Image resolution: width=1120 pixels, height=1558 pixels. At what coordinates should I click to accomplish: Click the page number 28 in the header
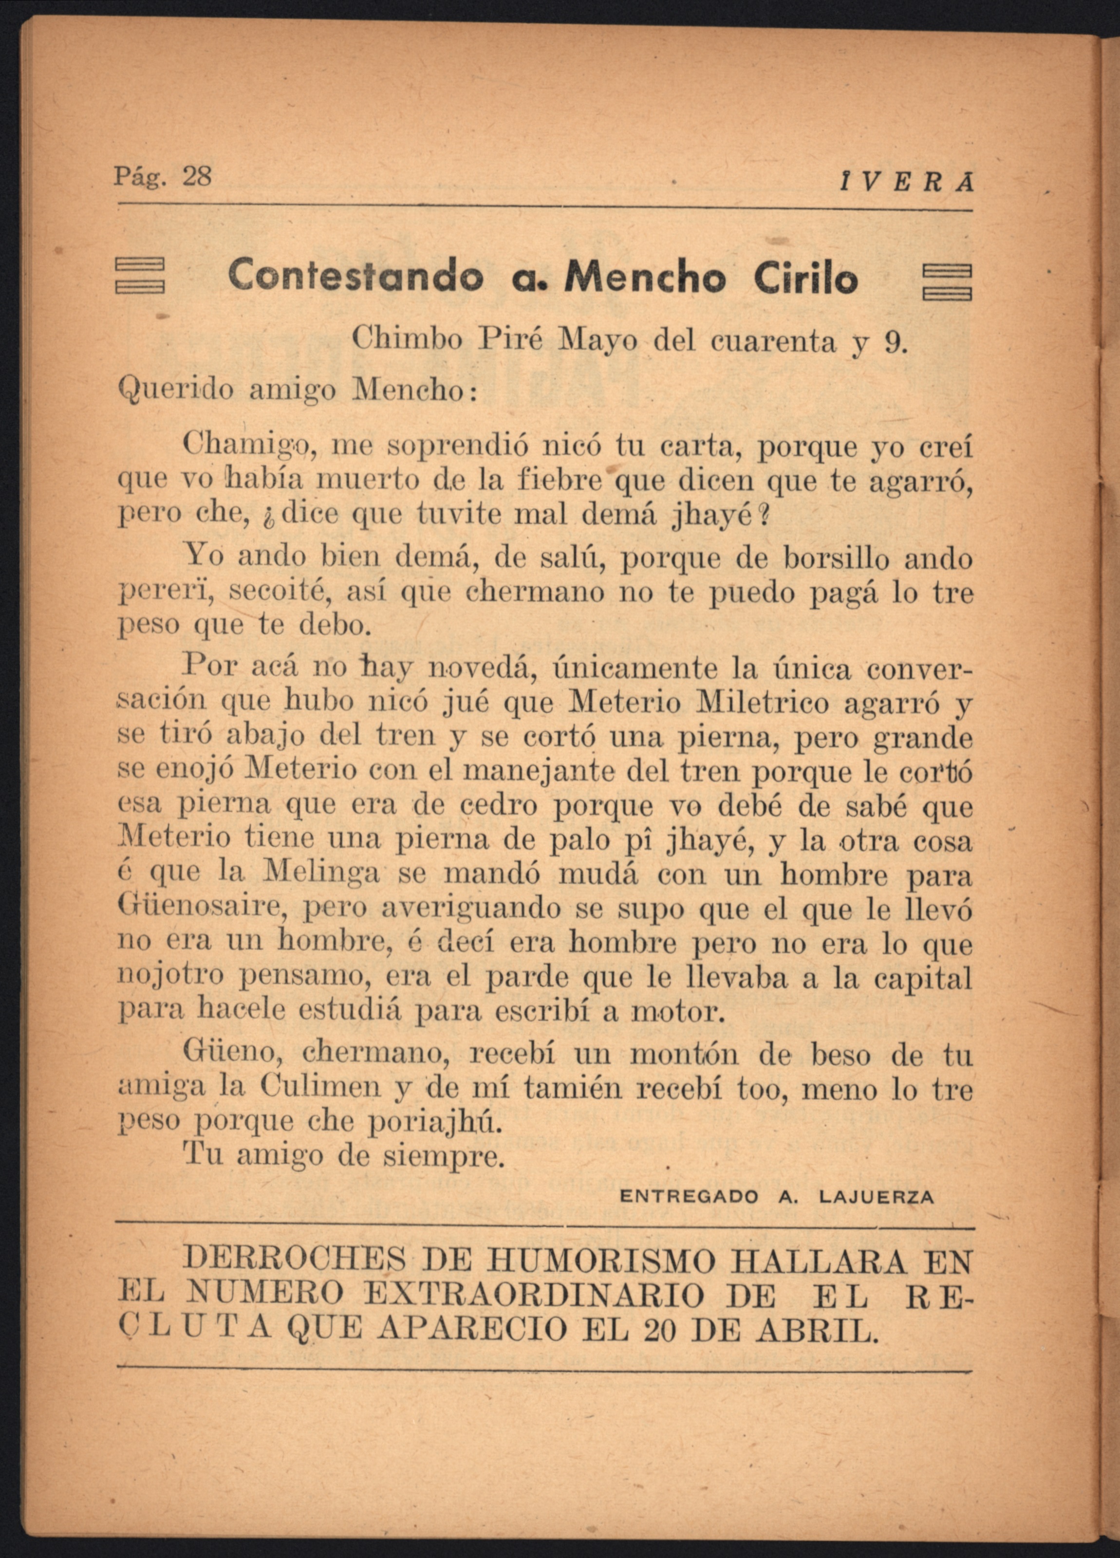(197, 177)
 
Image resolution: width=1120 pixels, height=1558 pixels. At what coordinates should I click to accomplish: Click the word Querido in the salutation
(177, 391)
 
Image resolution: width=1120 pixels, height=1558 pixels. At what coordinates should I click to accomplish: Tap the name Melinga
(321, 874)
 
